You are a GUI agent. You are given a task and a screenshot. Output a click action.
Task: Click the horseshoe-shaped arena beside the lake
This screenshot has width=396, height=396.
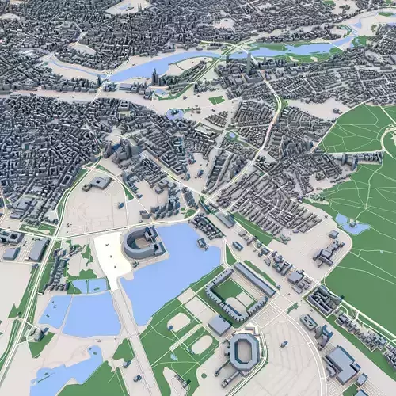(x=143, y=242)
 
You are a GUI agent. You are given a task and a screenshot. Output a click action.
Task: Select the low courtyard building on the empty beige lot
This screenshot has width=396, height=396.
(x=99, y=183)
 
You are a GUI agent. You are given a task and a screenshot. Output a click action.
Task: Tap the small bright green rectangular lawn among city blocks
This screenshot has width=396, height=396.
(x=216, y=101)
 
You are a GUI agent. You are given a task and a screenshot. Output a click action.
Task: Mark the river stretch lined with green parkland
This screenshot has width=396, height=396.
(x=301, y=50)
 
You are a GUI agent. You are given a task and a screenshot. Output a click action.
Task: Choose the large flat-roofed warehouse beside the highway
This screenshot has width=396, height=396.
(x=37, y=249)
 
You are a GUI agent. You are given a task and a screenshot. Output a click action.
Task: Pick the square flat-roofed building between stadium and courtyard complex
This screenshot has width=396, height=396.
(x=220, y=325)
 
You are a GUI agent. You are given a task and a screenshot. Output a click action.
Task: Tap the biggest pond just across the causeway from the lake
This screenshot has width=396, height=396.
(x=91, y=315)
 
